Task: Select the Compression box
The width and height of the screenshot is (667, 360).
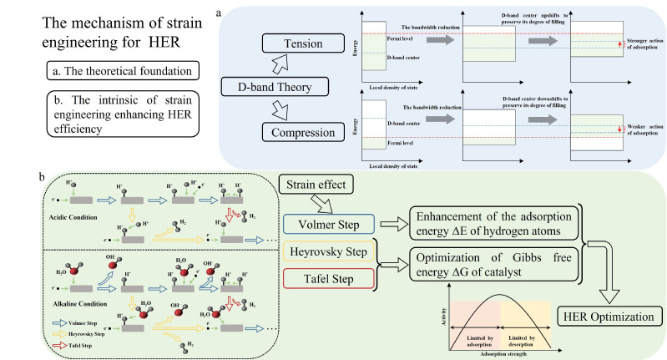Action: coord(298,134)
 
